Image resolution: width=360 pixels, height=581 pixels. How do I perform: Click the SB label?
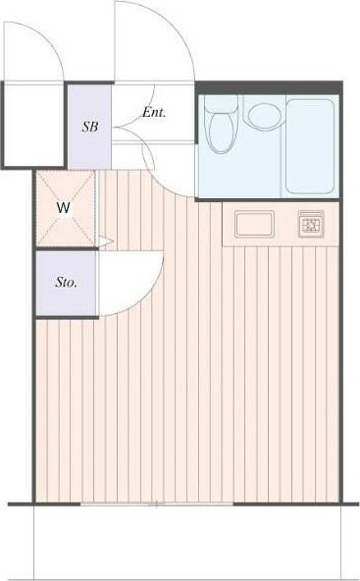coord(89,127)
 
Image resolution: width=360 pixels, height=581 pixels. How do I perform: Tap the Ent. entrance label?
coord(154,112)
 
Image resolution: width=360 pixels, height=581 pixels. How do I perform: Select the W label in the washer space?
coord(63,208)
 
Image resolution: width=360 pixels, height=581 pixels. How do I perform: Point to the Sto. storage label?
coord(67,283)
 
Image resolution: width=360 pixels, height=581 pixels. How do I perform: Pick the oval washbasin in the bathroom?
coord(262,115)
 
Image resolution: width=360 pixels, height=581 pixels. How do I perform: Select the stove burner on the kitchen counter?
coord(313,226)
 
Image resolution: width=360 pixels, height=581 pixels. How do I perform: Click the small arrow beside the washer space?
coord(106,240)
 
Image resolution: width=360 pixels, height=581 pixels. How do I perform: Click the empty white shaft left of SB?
coord(32,125)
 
